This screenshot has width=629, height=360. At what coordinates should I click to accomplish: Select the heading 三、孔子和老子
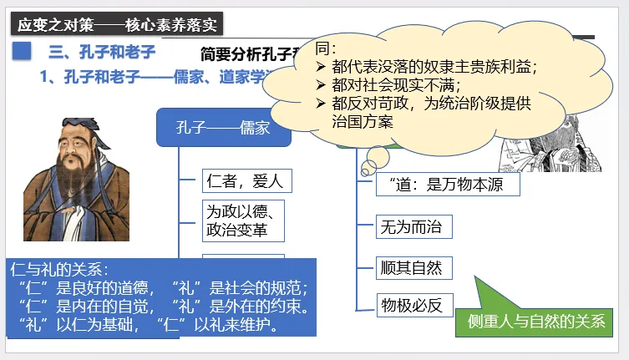coord(102,53)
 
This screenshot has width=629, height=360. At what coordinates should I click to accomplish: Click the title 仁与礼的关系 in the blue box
coord(58,270)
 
